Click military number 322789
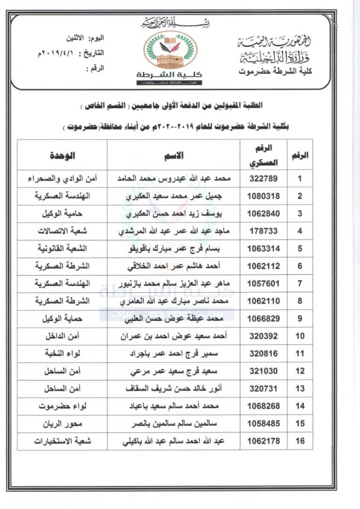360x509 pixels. point(263,179)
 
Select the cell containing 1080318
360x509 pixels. point(263,196)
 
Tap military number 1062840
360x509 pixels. point(263,213)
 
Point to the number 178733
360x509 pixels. point(263,231)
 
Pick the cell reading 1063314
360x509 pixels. point(263,248)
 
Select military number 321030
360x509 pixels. point(263,371)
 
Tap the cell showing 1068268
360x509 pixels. point(263,406)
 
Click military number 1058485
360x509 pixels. point(263,423)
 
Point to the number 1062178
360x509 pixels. point(263,441)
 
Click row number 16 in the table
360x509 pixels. point(301,441)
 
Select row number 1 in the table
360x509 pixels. point(301,179)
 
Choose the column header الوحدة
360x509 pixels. point(63,155)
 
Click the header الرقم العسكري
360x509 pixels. point(263,155)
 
